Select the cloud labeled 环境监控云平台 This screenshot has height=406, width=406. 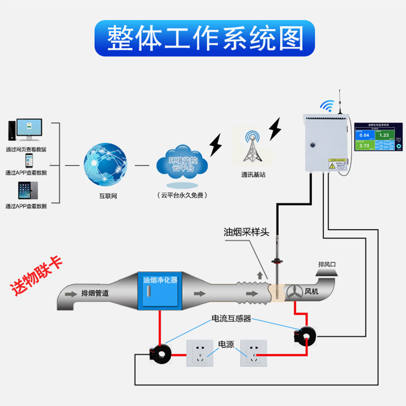(x=182, y=163)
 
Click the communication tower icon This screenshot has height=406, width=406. (x=253, y=147)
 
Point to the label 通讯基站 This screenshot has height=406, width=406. (x=253, y=175)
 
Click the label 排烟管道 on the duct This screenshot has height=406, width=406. (x=95, y=293)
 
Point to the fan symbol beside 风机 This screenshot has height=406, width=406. (x=294, y=292)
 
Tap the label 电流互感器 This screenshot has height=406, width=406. (x=231, y=319)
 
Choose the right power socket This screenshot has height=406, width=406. (x=254, y=353)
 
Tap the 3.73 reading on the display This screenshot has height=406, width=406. (x=364, y=146)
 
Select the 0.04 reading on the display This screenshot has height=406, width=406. (x=364, y=135)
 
